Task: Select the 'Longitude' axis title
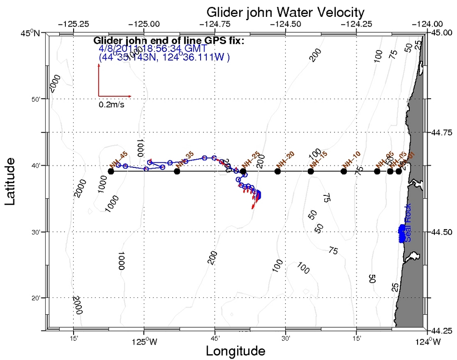tap(236, 351)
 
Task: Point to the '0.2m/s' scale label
tap(112, 104)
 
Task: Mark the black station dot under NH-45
tap(111, 171)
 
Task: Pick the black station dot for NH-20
tap(277, 171)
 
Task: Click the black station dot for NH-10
tap(343, 171)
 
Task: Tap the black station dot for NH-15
tap(311, 171)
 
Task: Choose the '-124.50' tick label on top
tap(286, 24)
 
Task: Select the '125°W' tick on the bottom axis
tap(144, 343)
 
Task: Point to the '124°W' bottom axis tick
tap(428, 343)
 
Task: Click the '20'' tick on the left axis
tap(38, 298)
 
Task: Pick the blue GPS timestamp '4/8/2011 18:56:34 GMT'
tap(152, 49)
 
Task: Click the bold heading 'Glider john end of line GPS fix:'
tap(169, 40)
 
